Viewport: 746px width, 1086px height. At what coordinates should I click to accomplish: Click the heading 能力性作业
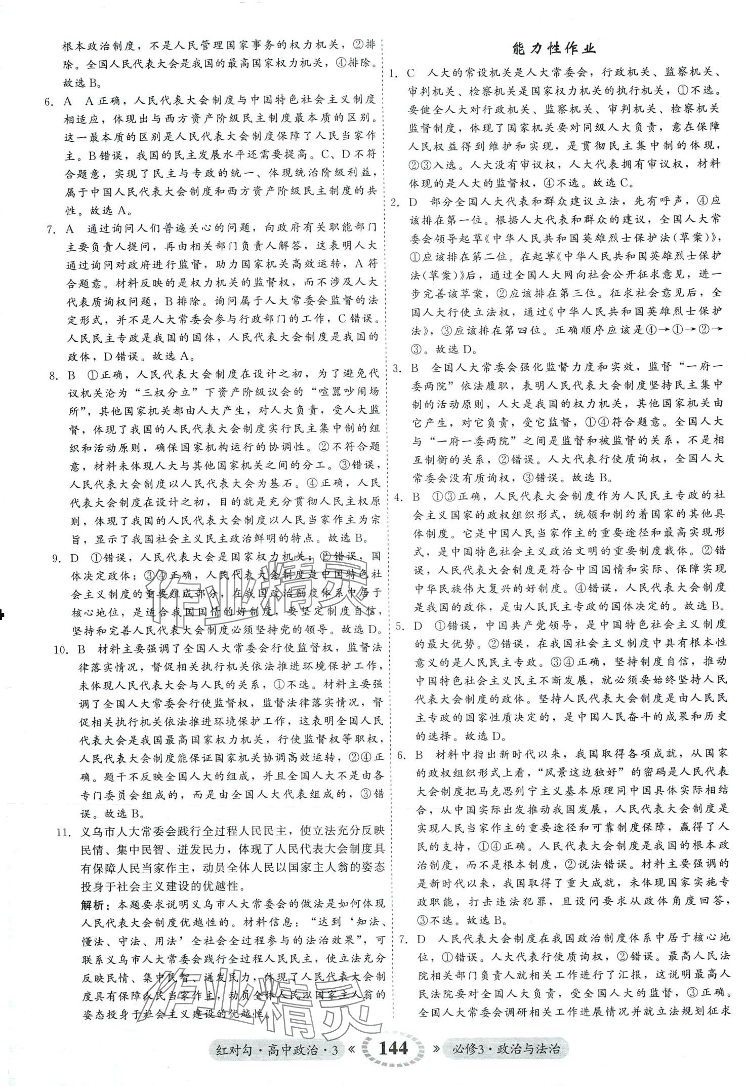[x=554, y=49]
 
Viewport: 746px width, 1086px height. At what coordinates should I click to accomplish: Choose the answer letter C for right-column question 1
[x=411, y=73]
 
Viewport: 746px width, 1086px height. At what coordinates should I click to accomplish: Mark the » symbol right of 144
[x=434, y=1048]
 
